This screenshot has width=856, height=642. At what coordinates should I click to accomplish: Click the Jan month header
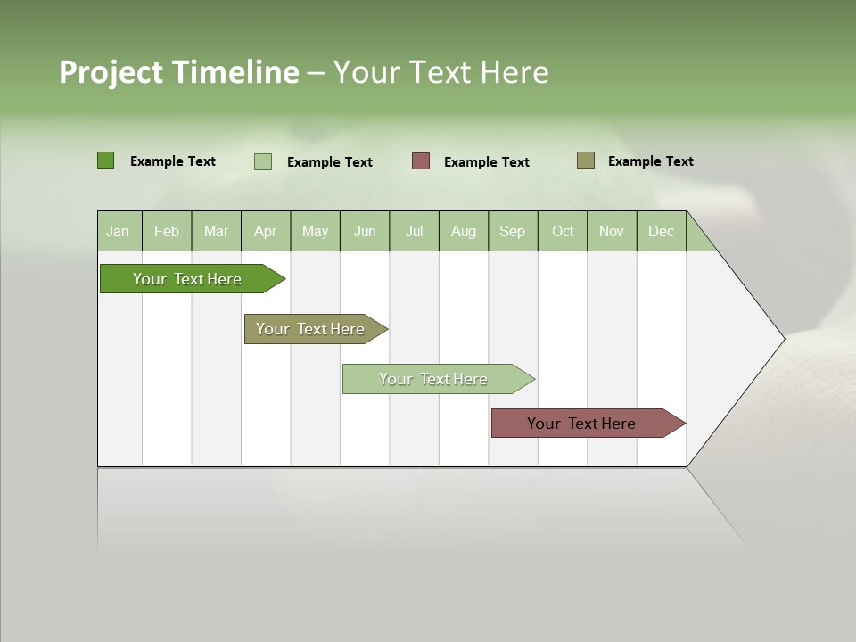(118, 231)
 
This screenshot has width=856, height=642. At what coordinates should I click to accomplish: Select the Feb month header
(167, 231)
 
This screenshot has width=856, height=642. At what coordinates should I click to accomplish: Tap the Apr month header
(265, 231)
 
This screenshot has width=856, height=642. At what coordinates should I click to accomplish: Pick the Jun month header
(365, 231)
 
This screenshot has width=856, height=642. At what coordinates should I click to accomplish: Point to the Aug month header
(463, 231)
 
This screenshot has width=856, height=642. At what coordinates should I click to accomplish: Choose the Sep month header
(512, 231)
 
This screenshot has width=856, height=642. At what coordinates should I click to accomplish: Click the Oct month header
(563, 231)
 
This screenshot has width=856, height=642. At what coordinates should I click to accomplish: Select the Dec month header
(661, 231)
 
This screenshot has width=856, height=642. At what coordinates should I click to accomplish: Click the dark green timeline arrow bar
(187, 279)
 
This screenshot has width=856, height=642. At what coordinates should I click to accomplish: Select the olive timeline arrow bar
(310, 329)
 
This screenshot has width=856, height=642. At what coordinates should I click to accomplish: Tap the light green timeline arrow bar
(433, 379)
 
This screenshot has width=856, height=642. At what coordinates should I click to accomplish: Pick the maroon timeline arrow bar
(581, 424)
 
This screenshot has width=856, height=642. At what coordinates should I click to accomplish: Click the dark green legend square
(105, 160)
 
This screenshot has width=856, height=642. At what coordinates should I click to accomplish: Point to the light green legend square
(263, 161)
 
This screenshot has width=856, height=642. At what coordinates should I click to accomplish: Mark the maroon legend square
(421, 161)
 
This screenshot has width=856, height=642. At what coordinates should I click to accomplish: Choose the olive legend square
(585, 160)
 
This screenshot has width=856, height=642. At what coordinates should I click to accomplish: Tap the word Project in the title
(111, 72)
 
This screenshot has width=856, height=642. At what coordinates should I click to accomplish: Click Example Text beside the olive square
(650, 161)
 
